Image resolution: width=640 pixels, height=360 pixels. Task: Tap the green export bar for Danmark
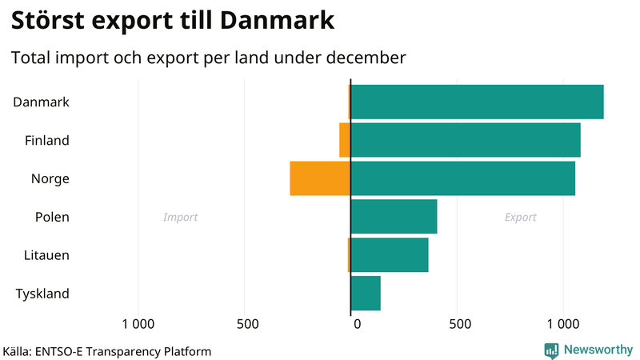click(477, 102)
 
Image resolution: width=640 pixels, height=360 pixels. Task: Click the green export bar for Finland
click(466, 140)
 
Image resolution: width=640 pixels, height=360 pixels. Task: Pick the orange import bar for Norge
click(320, 178)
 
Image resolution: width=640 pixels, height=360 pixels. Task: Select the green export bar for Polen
click(394, 216)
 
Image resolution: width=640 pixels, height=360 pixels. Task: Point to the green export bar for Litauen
click(390, 254)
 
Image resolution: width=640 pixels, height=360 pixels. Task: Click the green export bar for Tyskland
click(366, 293)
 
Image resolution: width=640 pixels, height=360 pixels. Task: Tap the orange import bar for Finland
click(345, 140)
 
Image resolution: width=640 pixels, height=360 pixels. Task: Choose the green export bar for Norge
click(462, 178)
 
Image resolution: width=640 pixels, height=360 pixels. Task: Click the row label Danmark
click(42, 102)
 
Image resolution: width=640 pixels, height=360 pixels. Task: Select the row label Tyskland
click(42, 294)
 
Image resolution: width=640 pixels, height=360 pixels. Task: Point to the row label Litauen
click(46, 255)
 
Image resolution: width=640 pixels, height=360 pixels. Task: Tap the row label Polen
click(52, 217)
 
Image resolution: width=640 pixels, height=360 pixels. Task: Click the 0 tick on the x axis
click(357, 324)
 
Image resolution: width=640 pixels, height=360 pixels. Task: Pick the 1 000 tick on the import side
click(138, 324)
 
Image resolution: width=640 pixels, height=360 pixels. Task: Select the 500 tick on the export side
click(458, 324)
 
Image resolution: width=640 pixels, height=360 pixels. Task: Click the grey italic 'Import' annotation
click(180, 218)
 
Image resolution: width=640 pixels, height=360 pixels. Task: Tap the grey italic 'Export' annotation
click(520, 218)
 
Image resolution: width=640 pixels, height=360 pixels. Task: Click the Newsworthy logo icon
click(551, 350)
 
